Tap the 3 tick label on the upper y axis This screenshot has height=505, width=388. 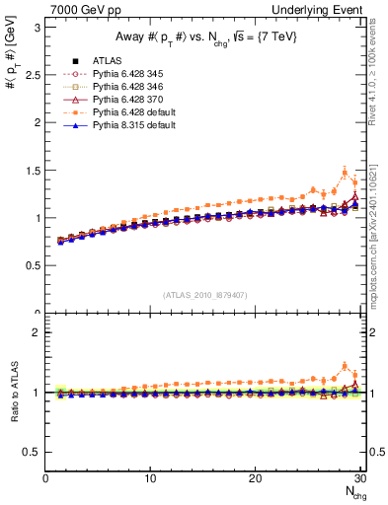37,28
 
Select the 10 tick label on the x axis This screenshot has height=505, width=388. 150,478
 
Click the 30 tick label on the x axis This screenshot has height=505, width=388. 359,478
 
